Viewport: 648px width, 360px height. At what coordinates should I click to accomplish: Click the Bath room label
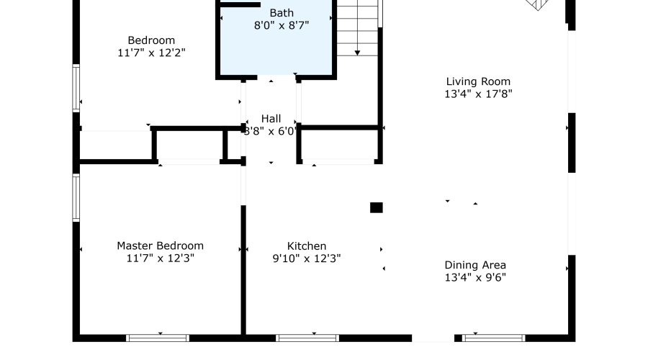(x=282, y=13)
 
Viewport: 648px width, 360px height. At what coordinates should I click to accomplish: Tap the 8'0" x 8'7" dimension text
(x=282, y=25)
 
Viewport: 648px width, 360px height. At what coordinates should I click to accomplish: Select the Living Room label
(x=478, y=81)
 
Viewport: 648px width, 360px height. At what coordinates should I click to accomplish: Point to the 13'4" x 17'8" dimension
(x=478, y=94)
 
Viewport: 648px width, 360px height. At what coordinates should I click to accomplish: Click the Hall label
(x=271, y=119)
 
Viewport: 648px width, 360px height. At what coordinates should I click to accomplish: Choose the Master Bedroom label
(x=161, y=246)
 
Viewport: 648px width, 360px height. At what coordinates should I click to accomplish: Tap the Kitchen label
(x=307, y=246)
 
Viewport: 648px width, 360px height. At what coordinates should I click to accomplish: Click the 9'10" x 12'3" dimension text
(x=307, y=258)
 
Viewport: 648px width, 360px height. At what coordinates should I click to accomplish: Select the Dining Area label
(x=475, y=265)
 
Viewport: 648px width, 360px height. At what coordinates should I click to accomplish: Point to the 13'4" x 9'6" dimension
(x=475, y=277)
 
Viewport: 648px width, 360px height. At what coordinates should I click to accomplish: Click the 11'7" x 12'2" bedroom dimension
(x=151, y=53)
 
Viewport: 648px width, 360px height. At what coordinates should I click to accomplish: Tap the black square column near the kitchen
(x=376, y=207)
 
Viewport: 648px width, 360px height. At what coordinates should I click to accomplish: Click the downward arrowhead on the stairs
(x=357, y=53)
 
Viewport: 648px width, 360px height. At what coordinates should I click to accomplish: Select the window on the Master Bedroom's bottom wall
(x=158, y=338)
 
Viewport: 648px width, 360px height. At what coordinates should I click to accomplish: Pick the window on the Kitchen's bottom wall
(x=307, y=338)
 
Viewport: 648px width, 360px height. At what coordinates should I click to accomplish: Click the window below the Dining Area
(x=493, y=338)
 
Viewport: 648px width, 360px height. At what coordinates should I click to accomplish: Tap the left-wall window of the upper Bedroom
(x=76, y=88)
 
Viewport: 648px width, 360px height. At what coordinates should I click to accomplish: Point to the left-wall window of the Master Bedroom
(x=76, y=198)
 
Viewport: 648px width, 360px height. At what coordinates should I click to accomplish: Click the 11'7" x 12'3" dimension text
(x=161, y=258)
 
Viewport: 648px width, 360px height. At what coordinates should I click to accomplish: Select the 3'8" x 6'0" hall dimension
(x=271, y=132)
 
